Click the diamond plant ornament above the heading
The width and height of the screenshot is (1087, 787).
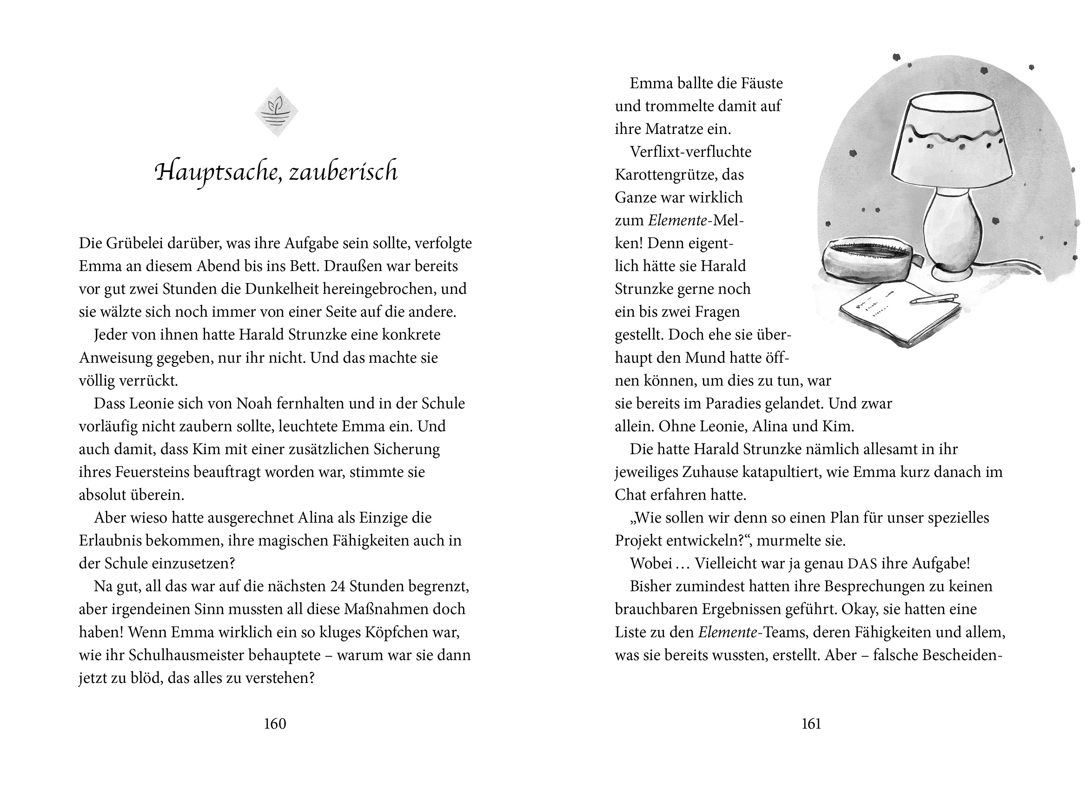click(x=276, y=112)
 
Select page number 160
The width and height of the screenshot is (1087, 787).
click(x=275, y=723)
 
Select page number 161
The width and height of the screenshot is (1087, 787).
click(x=811, y=723)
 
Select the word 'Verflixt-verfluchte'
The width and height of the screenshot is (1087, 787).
click(x=691, y=152)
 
